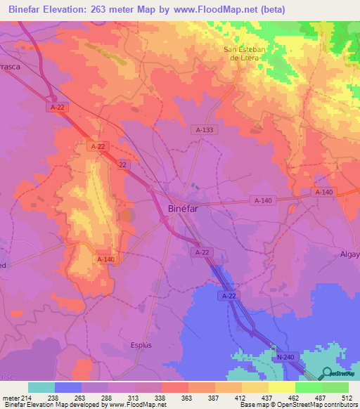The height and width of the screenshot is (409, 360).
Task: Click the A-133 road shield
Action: point(203,130)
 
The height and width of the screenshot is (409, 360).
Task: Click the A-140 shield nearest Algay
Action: point(323,192)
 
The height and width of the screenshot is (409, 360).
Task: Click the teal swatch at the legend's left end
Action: point(41,387)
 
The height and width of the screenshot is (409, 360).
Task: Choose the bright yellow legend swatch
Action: point(281,387)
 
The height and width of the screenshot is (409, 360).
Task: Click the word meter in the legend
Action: point(10,398)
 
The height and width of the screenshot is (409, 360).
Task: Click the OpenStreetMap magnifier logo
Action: point(328,373)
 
